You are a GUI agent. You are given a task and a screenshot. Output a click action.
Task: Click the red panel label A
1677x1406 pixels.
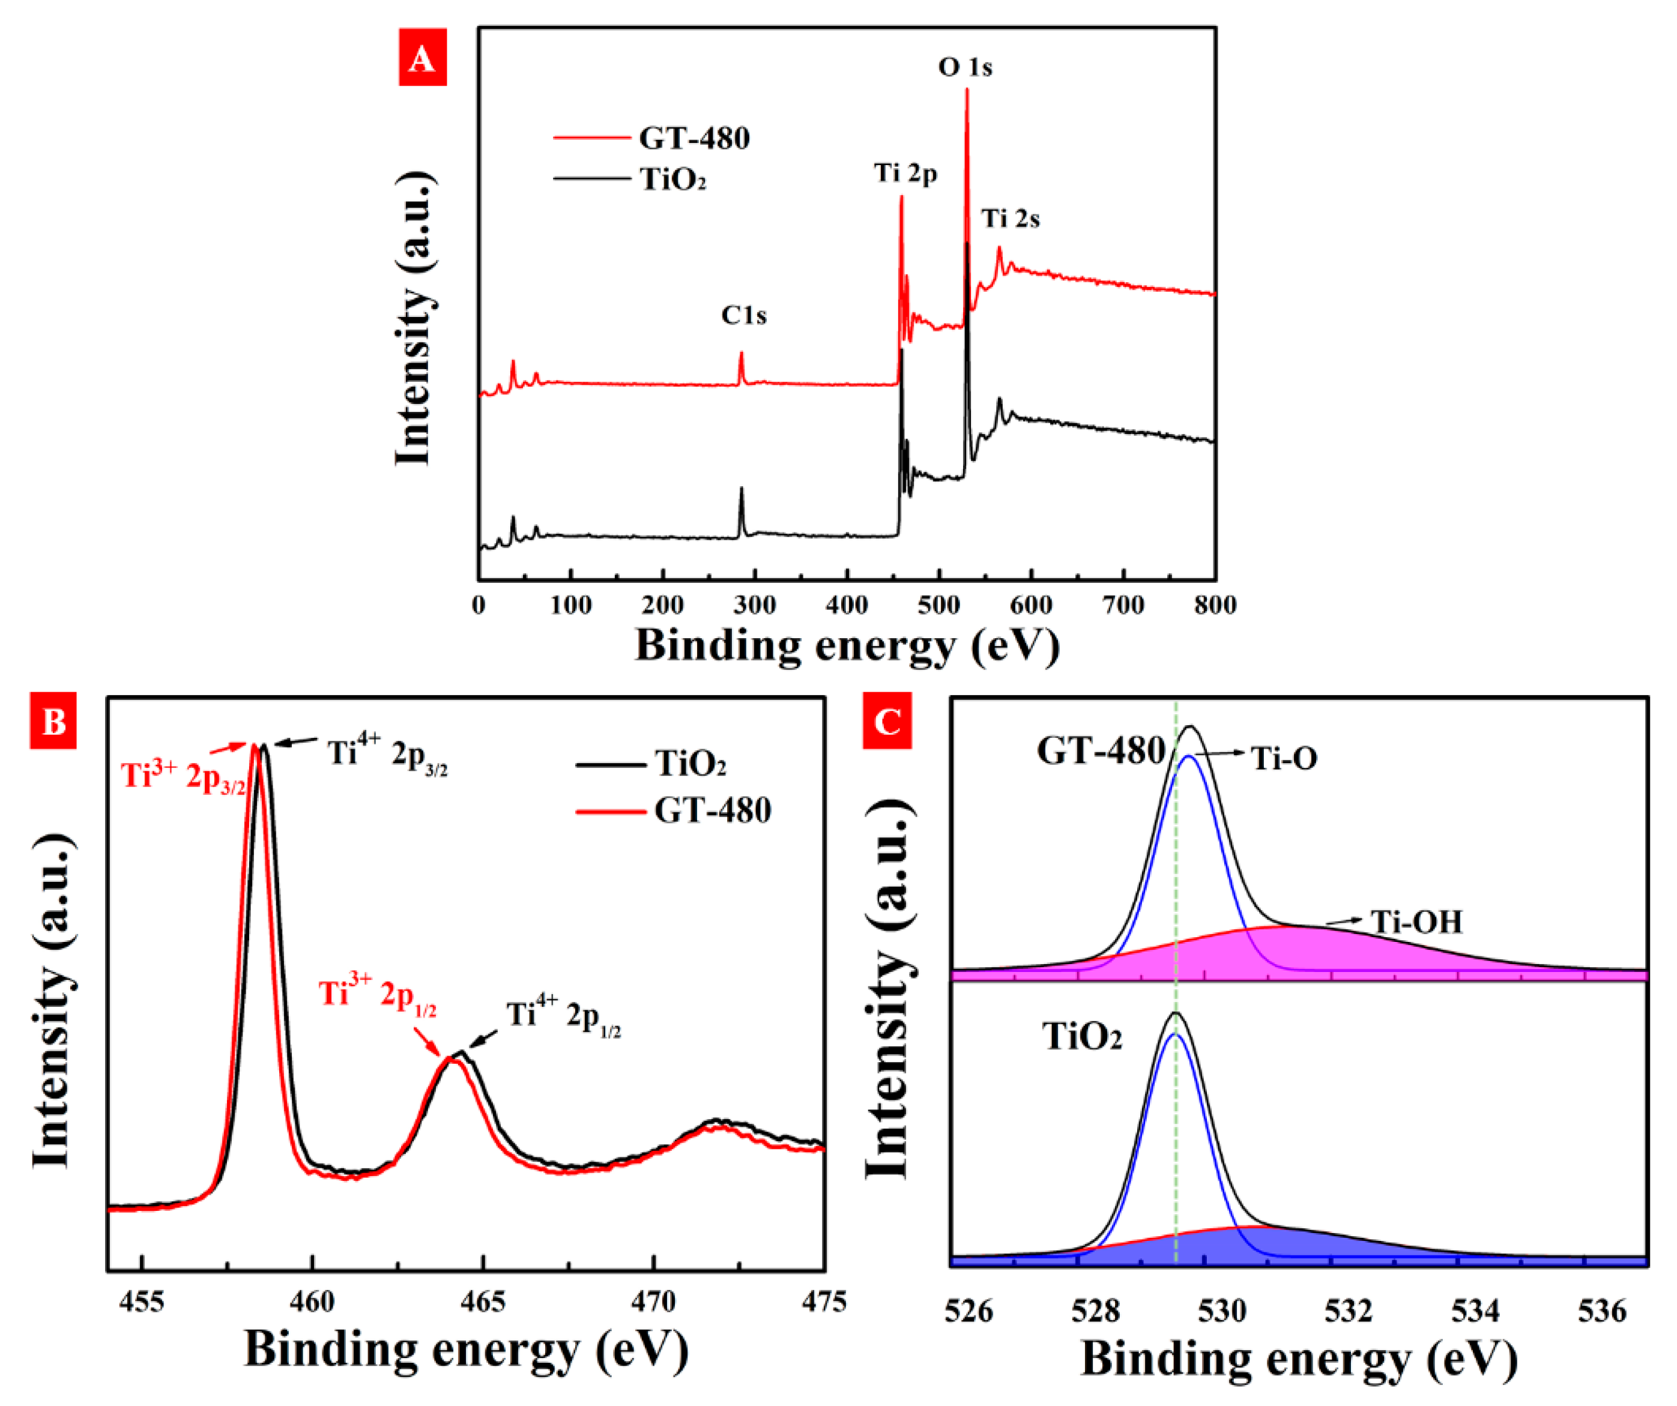[x=423, y=58]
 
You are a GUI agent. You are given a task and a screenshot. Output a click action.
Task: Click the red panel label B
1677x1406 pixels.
[x=53, y=722]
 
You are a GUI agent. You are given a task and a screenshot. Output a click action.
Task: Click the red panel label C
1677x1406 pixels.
[x=886, y=722]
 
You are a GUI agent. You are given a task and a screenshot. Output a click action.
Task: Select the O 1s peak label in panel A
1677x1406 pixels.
[x=965, y=67]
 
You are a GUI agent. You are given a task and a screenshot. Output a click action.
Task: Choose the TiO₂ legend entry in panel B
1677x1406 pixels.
[x=690, y=764]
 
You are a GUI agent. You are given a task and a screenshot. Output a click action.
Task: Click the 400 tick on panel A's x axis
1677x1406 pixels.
[x=847, y=605]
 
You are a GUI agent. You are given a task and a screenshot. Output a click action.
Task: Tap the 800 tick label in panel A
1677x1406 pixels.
[x=1215, y=605]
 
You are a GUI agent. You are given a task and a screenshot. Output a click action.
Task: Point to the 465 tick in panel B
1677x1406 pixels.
[x=483, y=1303]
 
